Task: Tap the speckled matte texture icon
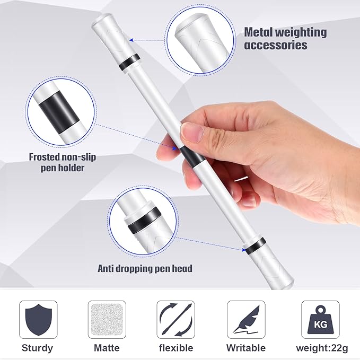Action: [x=107, y=320]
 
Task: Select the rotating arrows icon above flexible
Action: [x=175, y=320]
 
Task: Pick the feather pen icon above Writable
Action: [x=246, y=320]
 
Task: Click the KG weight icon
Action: [x=320, y=320]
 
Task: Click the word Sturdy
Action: [x=37, y=348]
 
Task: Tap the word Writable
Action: [x=246, y=348]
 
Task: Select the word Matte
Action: [x=107, y=348]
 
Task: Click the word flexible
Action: [x=175, y=348]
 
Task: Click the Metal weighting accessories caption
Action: [x=285, y=38]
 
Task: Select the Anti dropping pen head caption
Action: [x=145, y=268]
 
